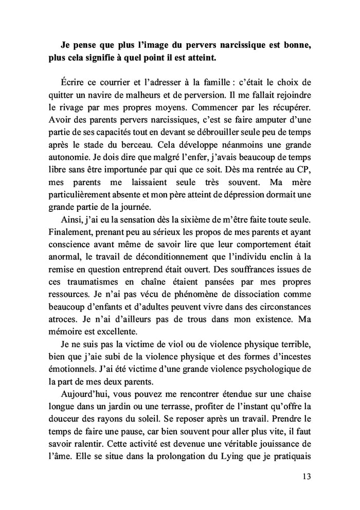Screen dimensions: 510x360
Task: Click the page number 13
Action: click(305, 477)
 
